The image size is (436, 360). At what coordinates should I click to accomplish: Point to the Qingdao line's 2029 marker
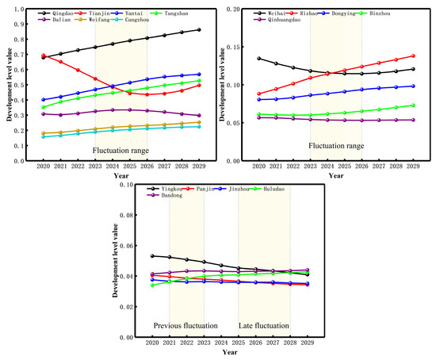(x=198, y=30)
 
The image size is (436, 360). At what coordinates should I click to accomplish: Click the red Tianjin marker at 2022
(x=78, y=70)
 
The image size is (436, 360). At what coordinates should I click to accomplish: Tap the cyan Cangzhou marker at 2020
(x=44, y=137)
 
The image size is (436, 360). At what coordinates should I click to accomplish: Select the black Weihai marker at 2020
(x=258, y=58)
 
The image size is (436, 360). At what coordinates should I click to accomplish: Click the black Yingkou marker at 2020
(x=151, y=256)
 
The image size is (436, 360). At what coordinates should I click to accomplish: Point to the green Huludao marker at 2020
(x=151, y=285)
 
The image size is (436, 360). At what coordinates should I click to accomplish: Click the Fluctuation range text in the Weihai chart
(x=337, y=146)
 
